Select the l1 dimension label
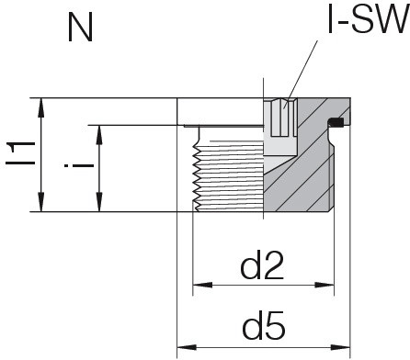click(20, 153)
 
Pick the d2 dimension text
click(262, 268)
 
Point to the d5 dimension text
click(262, 325)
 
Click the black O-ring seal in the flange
click(336, 123)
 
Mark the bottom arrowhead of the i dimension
click(99, 205)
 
